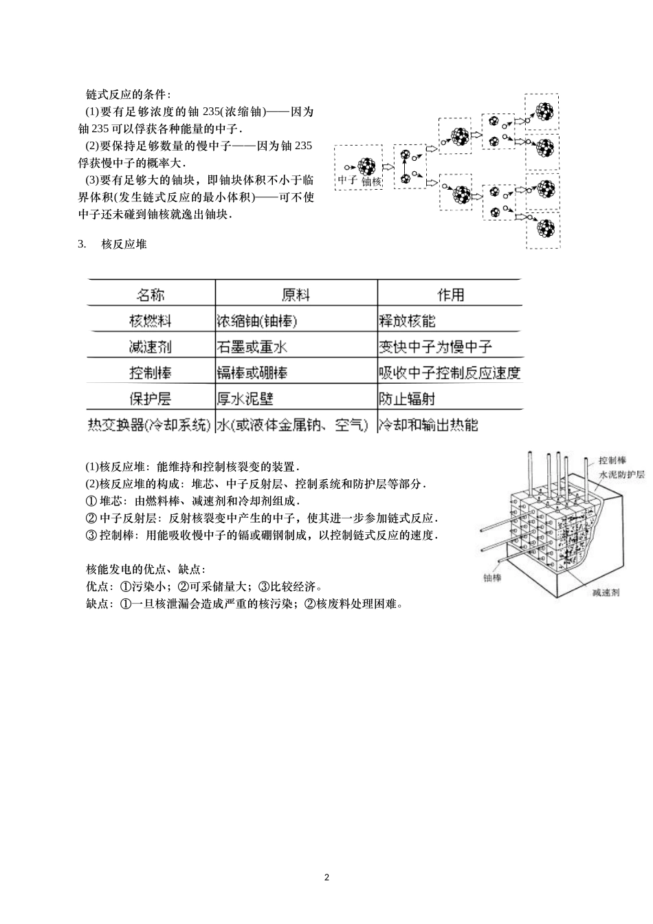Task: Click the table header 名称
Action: (x=150, y=295)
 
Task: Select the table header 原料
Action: (x=296, y=295)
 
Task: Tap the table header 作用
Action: (x=450, y=295)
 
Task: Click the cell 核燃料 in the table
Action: (x=150, y=321)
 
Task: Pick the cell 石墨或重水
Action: (x=252, y=347)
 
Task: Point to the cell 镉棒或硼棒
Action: (x=252, y=373)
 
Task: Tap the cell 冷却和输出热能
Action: (x=428, y=425)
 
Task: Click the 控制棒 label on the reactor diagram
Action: (x=612, y=460)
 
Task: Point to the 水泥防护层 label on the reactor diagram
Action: (x=621, y=475)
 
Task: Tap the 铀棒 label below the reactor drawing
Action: (x=491, y=577)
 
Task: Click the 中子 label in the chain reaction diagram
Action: (x=346, y=181)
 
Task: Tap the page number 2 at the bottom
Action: (x=326, y=877)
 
